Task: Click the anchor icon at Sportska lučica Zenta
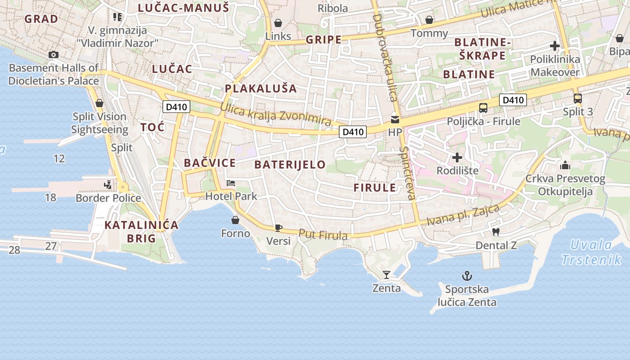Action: coord(467,275)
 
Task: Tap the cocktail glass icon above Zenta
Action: coord(386,274)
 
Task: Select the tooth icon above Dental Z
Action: coord(496,232)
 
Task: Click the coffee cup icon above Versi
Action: coord(278,228)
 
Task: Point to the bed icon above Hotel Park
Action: coord(231,183)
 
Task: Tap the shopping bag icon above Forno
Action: coord(235,220)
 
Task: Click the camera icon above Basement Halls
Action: coord(54,55)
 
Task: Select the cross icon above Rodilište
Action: coord(457,157)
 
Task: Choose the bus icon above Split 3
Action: coord(578,98)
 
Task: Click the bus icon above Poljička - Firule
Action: coord(483,108)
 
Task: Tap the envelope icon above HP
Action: coord(395,119)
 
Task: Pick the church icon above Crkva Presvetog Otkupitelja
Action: coord(565,165)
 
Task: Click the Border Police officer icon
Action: coord(108,184)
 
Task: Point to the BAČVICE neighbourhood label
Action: coord(210,163)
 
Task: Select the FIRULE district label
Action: coord(375,188)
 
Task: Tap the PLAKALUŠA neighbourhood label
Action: coord(261,89)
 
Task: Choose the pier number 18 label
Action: coord(50,197)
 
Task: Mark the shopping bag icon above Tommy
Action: coord(429,20)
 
